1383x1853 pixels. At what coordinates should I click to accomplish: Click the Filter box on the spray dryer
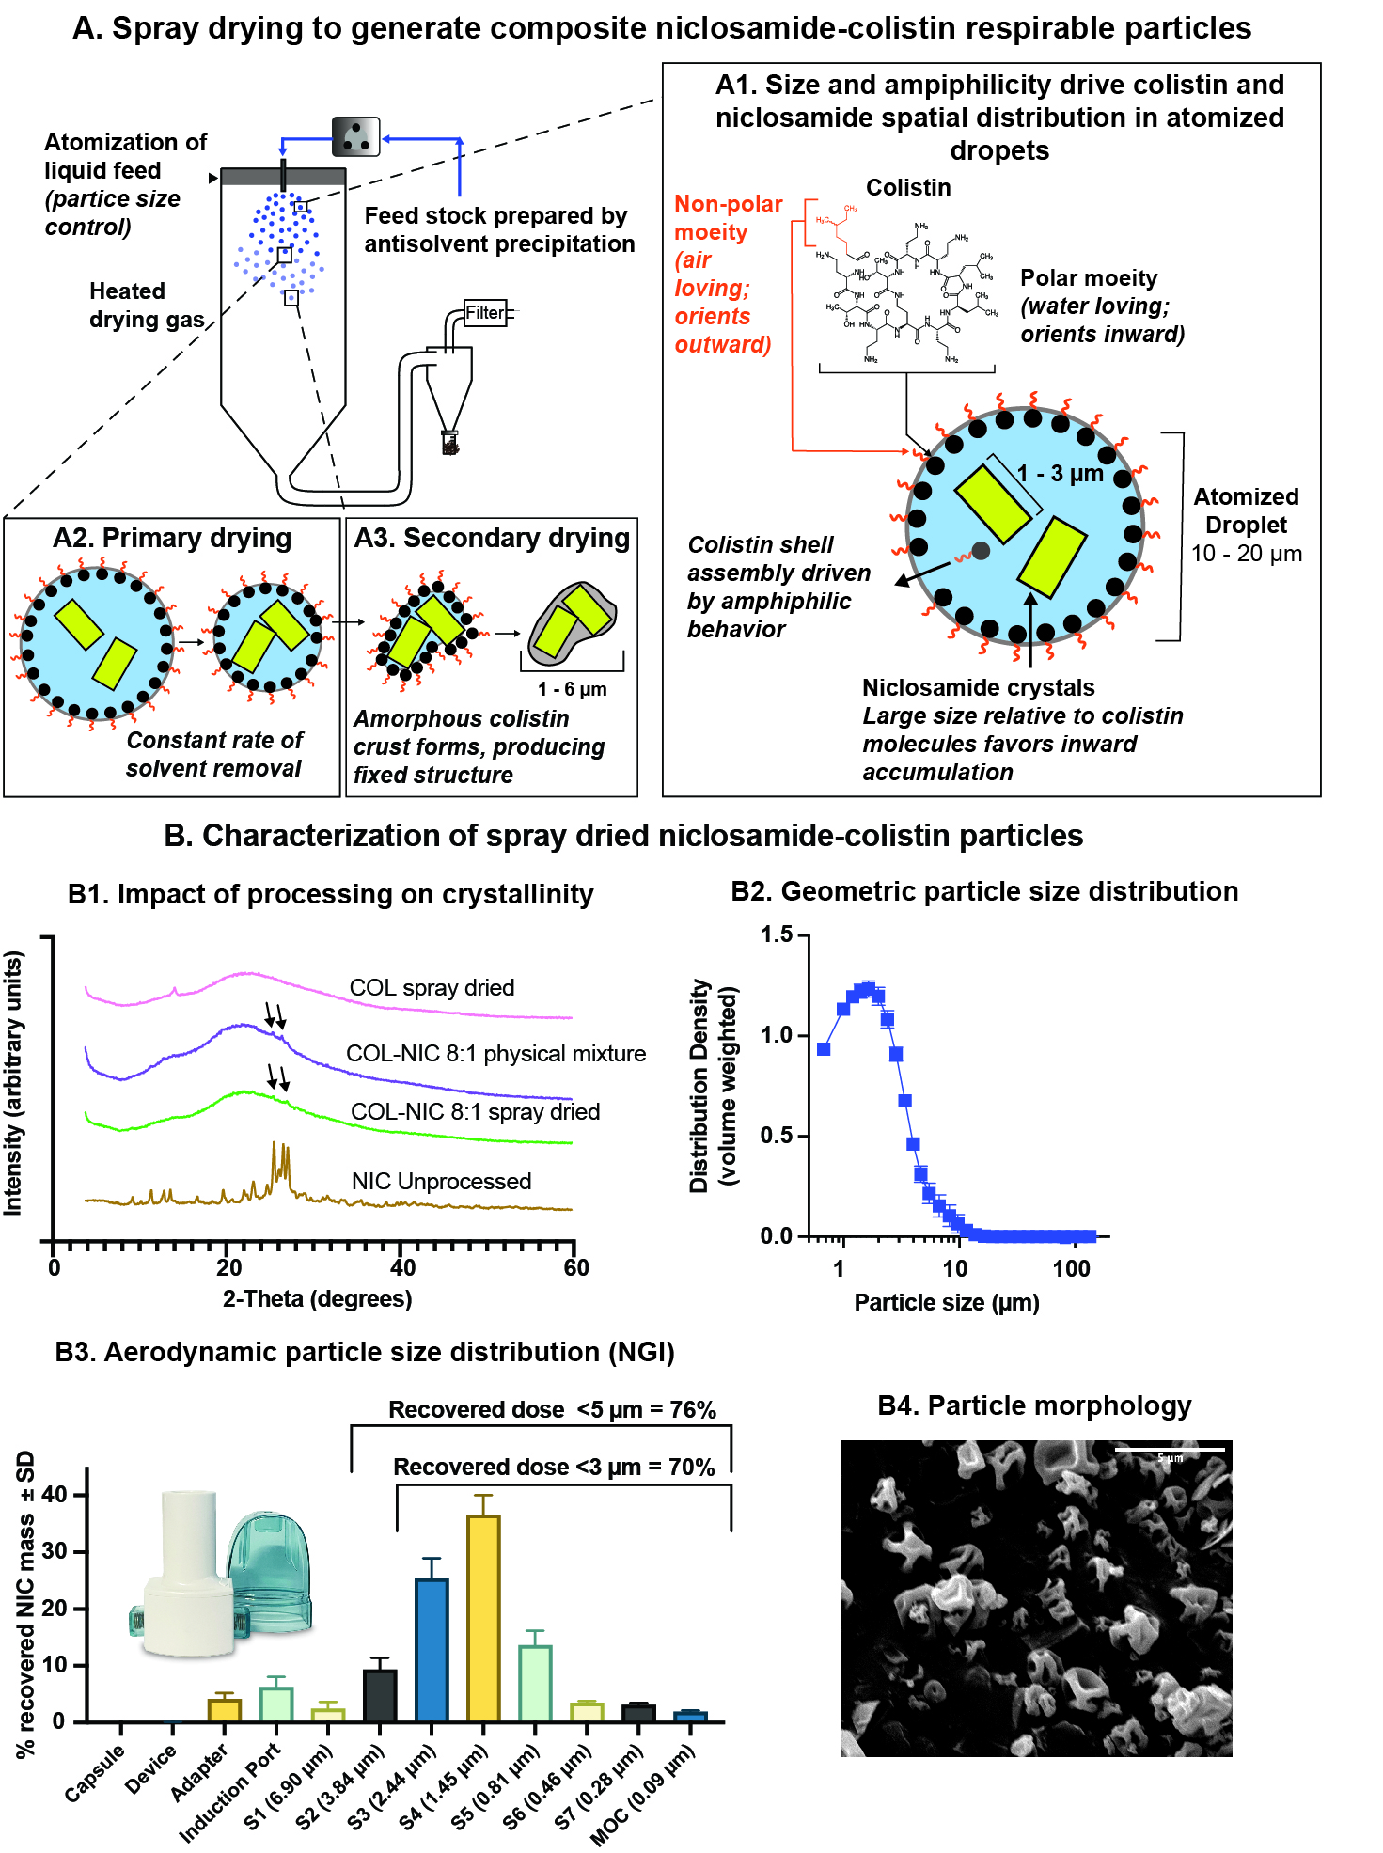point(485,313)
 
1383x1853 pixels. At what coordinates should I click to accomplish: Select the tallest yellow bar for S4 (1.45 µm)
point(483,1617)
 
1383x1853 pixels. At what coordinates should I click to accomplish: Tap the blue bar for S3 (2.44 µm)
point(432,1649)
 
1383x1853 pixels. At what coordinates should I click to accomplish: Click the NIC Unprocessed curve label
point(441,1181)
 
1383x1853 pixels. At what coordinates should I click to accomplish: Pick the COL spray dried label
point(432,987)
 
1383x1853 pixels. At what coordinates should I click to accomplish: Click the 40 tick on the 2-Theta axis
point(402,1267)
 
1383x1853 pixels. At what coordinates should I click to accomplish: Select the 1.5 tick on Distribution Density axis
point(777,934)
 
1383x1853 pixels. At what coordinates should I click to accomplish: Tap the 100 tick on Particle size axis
point(1071,1268)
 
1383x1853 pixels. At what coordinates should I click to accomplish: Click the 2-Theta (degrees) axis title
point(317,1299)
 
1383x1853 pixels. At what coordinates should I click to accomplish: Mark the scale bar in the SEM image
point(1170,1450)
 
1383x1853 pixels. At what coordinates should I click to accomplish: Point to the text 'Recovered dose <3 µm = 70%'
point(553,1467)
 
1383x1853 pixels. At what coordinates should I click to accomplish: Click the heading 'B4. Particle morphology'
point(1034,1405)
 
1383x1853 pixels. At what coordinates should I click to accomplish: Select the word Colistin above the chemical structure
point(908,188)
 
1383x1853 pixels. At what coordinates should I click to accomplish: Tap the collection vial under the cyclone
point(450,442)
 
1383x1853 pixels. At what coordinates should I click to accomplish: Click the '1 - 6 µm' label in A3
point(572,689)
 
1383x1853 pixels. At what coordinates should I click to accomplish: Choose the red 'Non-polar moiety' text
point(728,218)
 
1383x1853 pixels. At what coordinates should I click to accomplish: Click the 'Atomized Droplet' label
point(1246,510)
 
